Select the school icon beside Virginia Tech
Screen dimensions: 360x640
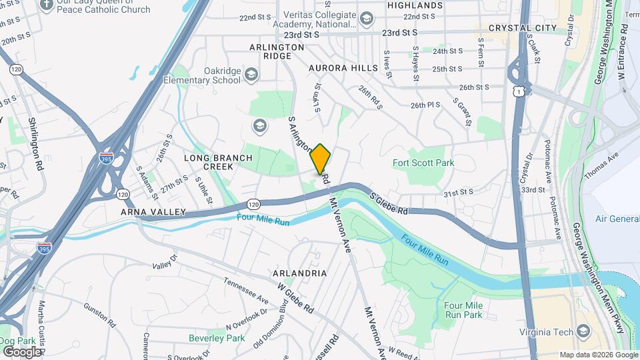click(583, 331)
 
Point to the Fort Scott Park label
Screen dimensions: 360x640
click(423, 163)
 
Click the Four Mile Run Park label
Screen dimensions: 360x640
click(463, 309)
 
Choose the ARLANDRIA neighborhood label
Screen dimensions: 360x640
click(299, 273)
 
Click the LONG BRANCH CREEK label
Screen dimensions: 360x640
click(219, 162)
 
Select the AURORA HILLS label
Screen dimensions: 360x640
click(339, 68)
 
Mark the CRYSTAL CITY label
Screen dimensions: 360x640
click(522, 28)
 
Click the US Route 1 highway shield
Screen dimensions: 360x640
click(518, 91)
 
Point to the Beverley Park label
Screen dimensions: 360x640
click(217, 338)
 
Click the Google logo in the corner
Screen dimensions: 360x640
click(21, 351)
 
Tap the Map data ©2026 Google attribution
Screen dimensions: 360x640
click(597, 355)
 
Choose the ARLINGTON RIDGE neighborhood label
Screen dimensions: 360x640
click(277, 52)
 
